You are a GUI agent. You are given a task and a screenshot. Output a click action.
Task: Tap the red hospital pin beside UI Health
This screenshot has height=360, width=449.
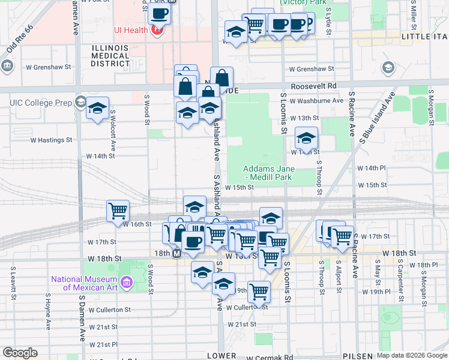click(157, 29)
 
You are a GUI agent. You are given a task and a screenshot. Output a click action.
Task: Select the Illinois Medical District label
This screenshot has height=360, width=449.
click(110, 55)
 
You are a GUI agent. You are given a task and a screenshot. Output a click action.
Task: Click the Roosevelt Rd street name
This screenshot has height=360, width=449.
click(313, 86)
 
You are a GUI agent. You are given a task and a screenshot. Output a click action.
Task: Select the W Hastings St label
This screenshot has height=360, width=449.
click(51, 140)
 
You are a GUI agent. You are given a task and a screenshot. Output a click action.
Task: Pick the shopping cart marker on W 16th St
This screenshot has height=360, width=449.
click(118, 210)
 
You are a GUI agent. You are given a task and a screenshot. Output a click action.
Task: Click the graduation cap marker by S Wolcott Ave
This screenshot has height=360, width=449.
click(97, 109)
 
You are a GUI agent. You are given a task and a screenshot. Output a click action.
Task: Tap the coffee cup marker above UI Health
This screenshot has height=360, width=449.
click(159, 13)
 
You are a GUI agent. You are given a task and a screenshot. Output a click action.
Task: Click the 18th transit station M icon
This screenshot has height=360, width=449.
click(177, 254)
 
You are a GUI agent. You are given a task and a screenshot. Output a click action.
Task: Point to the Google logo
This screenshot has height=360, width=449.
click(20, 352)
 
